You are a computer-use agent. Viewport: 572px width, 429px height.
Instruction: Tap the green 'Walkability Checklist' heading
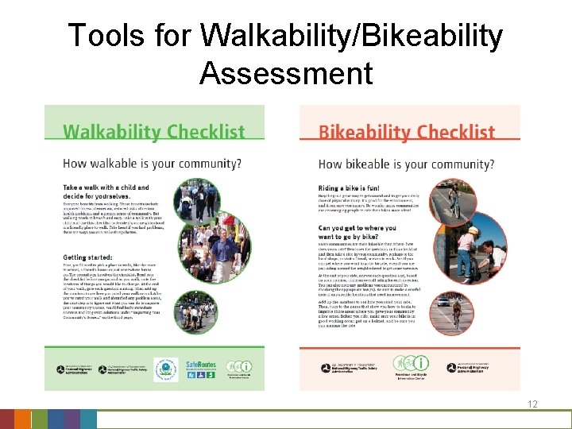coord(153,131)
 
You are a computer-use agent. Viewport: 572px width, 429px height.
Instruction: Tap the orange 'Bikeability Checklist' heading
coord(406,132)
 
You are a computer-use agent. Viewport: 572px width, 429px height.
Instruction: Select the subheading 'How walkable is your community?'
coord(153,164)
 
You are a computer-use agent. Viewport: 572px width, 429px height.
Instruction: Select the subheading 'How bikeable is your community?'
coord(406,164)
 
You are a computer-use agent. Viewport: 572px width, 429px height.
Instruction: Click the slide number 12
coord(533,404)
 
